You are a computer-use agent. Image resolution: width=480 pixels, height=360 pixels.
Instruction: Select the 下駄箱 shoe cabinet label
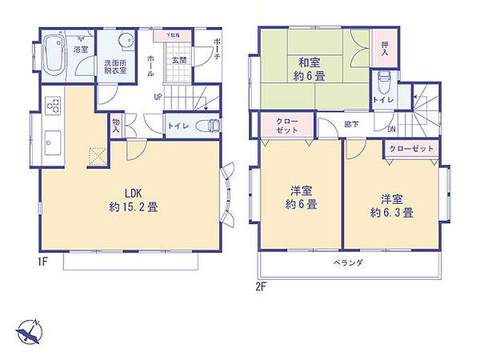coord(173,36)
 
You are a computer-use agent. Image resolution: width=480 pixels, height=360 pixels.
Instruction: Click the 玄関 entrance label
coord(178,59)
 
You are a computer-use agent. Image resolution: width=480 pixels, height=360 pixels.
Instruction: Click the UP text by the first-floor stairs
coord(158,97)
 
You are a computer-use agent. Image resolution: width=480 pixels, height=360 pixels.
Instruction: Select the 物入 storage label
coord(116,122)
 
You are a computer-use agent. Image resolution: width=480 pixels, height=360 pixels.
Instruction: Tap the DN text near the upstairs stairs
coord(391,128)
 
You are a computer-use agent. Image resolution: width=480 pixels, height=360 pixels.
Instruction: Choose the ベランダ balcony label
coord(349,263)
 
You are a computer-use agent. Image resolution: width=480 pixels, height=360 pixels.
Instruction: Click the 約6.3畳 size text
coord(392,213)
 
